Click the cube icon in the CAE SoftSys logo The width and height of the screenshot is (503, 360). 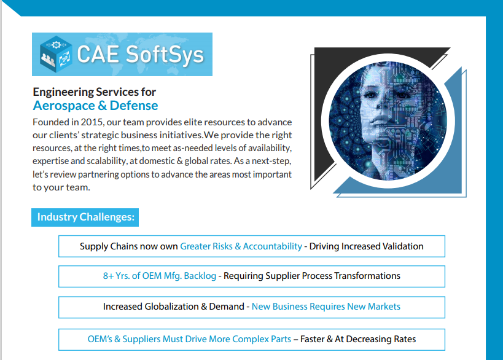coord(56,54)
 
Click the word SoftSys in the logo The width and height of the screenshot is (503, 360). coord(165,55)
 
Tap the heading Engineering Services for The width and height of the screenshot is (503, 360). coord(95,92)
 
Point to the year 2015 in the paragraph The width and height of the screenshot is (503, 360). coord(92,122)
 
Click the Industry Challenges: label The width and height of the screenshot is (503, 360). coord(85,217)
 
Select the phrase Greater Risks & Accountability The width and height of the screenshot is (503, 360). coord(241,246)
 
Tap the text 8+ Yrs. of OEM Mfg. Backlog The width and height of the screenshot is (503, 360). coord(160,276)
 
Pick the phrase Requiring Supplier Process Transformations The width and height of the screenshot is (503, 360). coord(312,276)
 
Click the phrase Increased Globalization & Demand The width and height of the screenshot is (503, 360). coord(174,307)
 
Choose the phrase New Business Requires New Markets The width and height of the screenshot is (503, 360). coord(326,307)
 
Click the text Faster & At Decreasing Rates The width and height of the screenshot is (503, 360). coord(358,339)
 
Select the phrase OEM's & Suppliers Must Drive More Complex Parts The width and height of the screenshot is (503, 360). coord(189,339)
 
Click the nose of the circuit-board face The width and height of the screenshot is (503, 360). coord(378,110)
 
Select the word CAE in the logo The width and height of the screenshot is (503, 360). coord(98,54)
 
